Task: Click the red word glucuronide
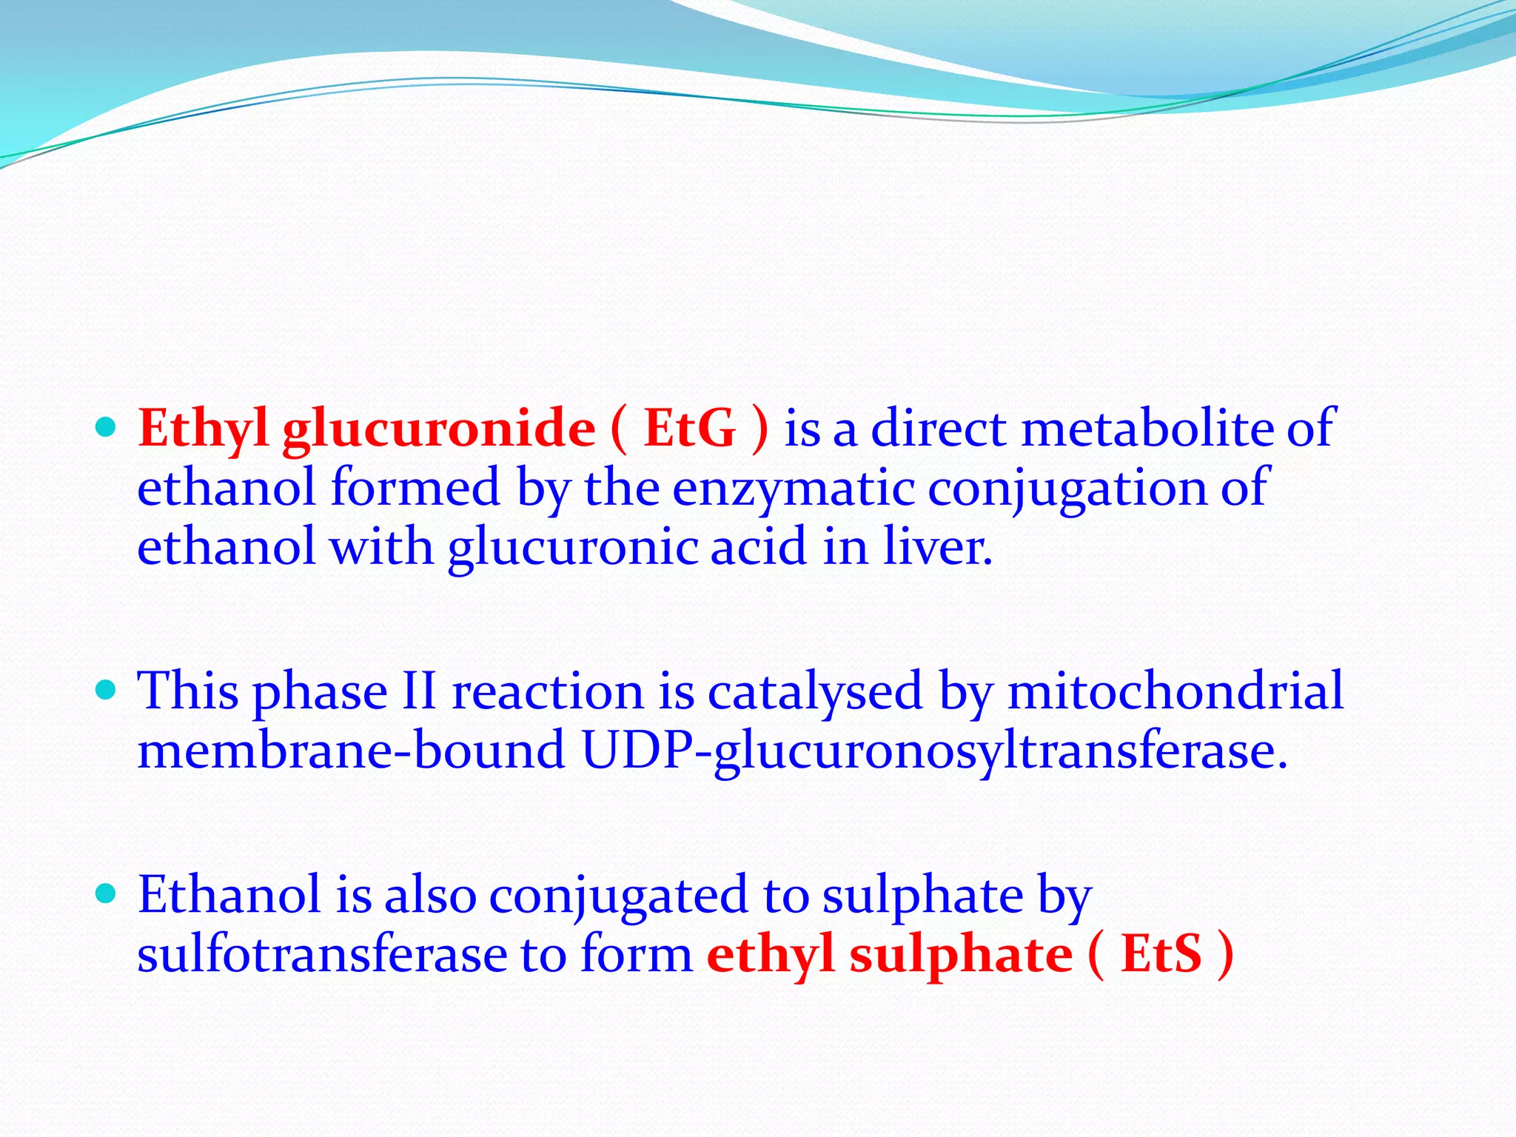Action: pos(438,429)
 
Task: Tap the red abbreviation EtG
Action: pos(689,429)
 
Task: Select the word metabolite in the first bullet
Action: pos(1147,429)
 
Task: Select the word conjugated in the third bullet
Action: pos(619,896)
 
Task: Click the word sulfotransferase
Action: pos(322,955)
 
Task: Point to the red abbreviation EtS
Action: pos(1161,955)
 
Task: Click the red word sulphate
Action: pos(960,955)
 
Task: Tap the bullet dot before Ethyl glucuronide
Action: pos(107,427)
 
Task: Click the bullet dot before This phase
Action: pos(107,690)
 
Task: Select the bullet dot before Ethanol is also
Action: pos(107,893)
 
